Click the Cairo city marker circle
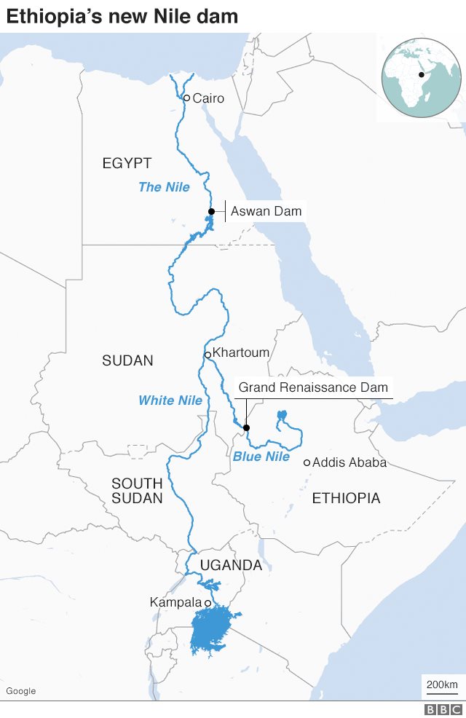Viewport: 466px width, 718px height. [186, 98]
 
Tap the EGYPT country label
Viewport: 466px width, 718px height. [127, 163]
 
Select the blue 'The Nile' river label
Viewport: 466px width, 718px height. [164, 187]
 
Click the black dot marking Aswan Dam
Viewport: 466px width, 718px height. [211, 212]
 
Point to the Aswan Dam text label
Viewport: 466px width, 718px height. [266, 212]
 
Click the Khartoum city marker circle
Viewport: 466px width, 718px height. [208, 355]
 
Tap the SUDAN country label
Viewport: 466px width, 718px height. [127, 360]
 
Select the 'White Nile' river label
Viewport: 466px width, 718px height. [170, 401]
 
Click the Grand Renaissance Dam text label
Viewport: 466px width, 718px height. [313, 387]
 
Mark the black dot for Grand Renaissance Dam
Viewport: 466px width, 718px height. [246, 428]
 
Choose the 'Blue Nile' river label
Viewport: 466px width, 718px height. [261, 457]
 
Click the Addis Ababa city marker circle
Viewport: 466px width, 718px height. [307, 462]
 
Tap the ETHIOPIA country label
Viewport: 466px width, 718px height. [346, 498]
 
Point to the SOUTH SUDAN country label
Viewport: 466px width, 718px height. [137, 492]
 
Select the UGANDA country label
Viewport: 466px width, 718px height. [231, 565]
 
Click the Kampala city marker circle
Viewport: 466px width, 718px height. [208, 603]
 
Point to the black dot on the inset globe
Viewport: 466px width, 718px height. [422, 74]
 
